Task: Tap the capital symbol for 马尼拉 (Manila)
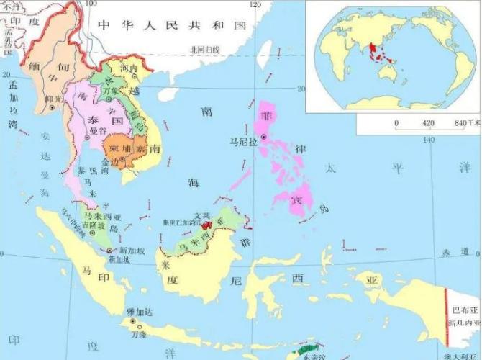click(x=264, y=136)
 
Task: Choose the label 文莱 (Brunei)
click(x=201, y=213)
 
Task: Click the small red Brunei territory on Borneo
click(x=208, y=225)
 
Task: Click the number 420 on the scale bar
click(x=428, y=123)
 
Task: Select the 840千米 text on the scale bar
click(x=466, y=123)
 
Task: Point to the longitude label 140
click(x=429, y=139)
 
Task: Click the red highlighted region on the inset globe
click(x=375, y=52)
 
